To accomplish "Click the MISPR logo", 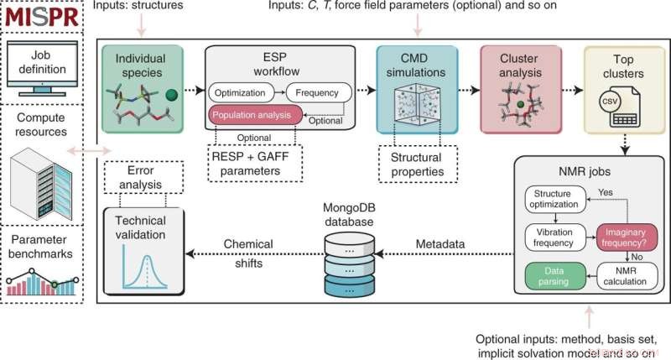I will pos(44,16).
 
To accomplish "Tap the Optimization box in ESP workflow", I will pos(242,92).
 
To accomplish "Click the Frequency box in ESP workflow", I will pos(318,92).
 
